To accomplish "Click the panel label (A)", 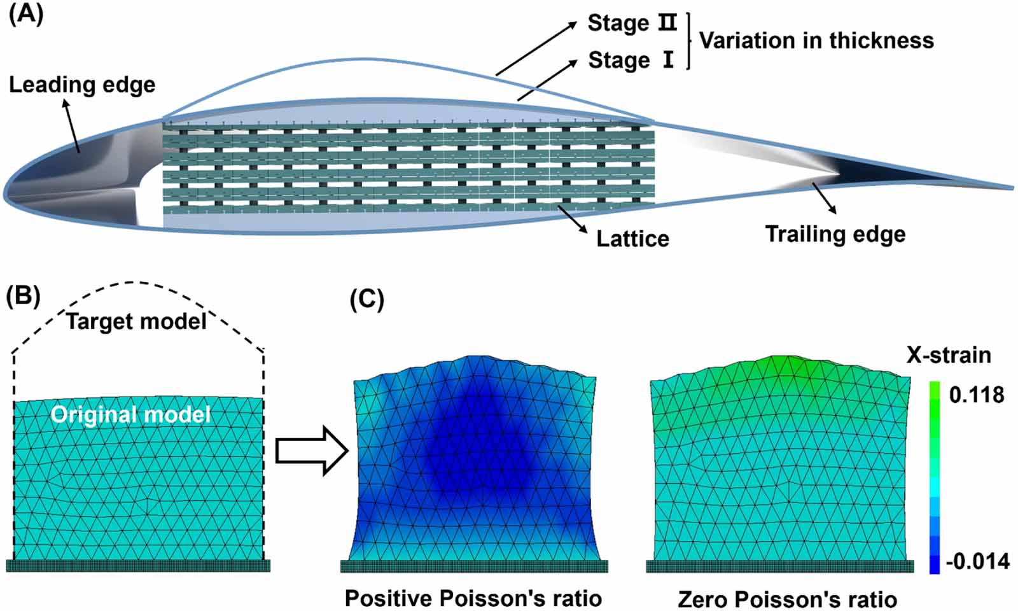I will pos(25,14).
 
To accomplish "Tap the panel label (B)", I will pos(23,297).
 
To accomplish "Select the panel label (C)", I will pos(367,299).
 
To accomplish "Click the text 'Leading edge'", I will pos(82,85).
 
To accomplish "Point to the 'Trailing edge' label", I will pos(835,234).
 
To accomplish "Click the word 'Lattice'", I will pos(632,239).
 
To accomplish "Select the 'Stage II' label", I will pos(631,23).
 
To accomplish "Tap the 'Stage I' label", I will pos(630,60).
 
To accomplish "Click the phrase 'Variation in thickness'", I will pos(816,41).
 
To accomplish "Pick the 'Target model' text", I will pos(136,321).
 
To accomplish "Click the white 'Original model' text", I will pos(130,415).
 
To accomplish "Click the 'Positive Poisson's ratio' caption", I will pos(473,598).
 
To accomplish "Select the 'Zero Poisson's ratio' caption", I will pos(787,599).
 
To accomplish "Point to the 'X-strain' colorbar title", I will pos(949,355).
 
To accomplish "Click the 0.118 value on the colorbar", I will pos(976,395).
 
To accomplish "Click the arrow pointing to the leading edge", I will pos(71,127).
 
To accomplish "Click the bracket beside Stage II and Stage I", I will pos(688,41).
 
